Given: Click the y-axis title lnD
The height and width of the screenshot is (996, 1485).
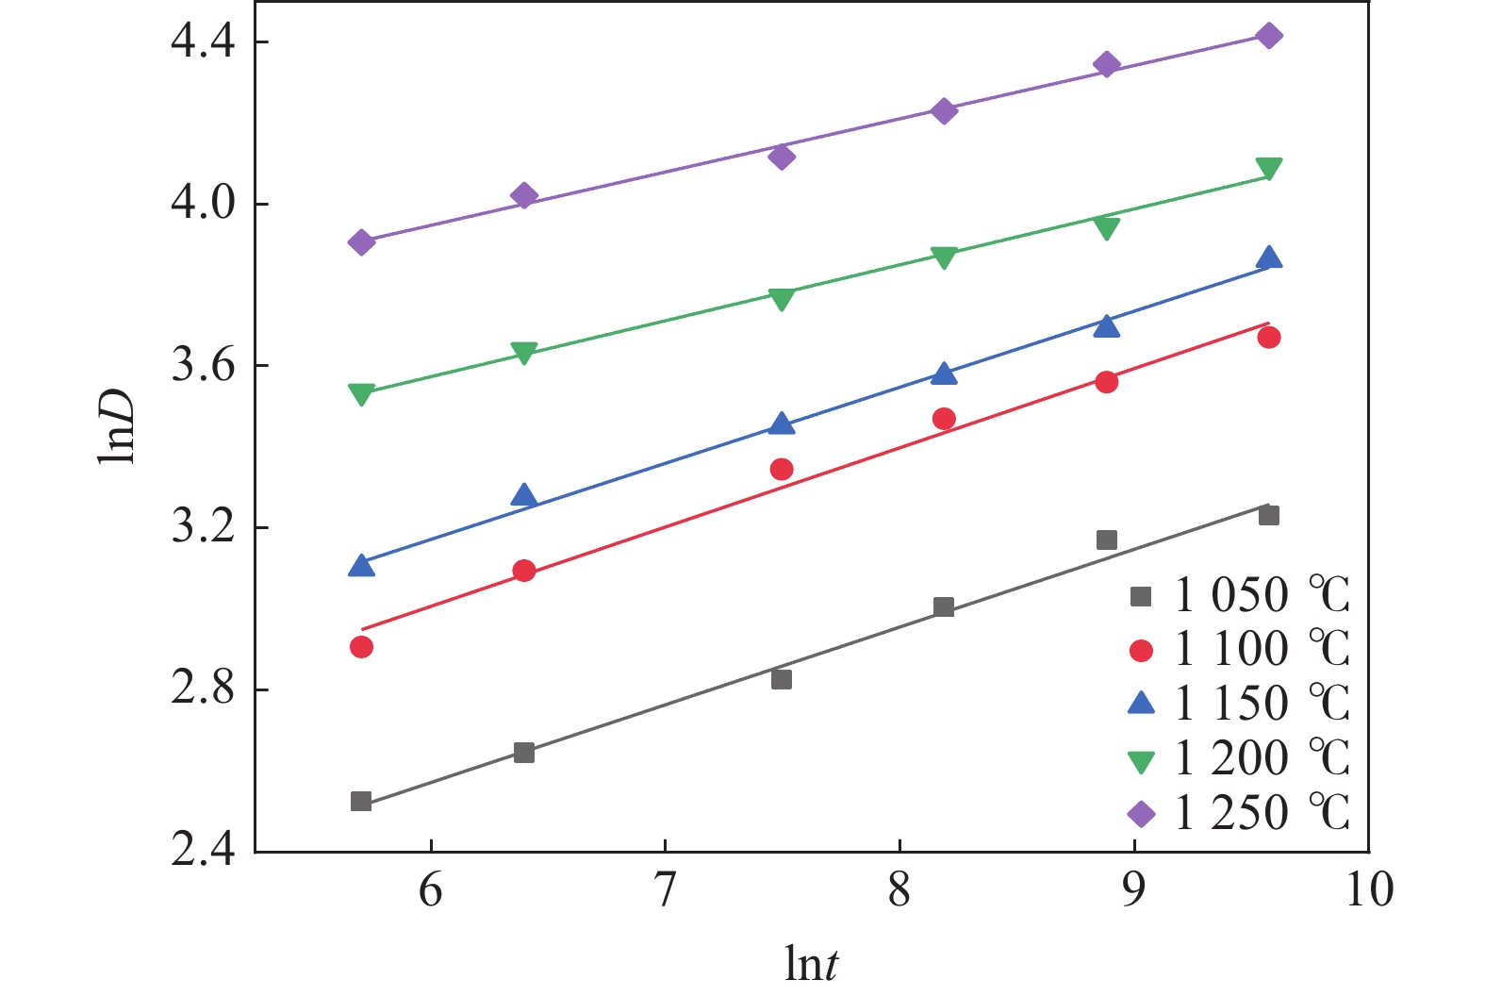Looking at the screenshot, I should (x=117, y=425).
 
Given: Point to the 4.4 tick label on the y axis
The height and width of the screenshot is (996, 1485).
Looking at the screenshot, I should (x=203, y=42).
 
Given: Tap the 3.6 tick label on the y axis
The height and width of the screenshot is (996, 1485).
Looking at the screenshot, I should (x=203, y=366).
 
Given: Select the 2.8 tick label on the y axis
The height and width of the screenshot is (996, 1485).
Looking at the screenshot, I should (x=203, y=689).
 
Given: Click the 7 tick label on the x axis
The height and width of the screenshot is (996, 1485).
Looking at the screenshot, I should (x=666, y=889).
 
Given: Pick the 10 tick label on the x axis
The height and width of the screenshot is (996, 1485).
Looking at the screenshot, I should (x=1368, y=889).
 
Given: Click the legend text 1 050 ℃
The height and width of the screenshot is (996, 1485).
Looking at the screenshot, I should (x=1262, y=595).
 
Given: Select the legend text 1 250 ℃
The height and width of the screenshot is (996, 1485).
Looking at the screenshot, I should (x=1262, y=813).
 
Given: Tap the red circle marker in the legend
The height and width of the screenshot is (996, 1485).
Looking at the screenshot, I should (x=1142, y=651).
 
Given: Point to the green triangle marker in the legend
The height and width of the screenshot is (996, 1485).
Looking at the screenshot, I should (x=1142, y=760).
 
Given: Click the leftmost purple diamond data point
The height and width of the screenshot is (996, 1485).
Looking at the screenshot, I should (x=361, y=242).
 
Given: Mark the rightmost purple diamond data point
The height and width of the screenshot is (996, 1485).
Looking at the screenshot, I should (x=1269, y=36).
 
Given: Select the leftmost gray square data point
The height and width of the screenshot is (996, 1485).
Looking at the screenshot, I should (x=361, y=802).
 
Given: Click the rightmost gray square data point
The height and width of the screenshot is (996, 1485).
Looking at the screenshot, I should (x=1269, y=515).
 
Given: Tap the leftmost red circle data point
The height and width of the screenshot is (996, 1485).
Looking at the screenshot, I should (x=361, y=647).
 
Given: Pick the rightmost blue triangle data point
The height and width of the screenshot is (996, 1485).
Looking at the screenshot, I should (x=1269, y=258).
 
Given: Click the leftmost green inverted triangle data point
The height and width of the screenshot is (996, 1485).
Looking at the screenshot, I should (x=361, y=393).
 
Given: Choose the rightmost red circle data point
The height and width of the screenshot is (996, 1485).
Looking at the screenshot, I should (x=1269, y=338).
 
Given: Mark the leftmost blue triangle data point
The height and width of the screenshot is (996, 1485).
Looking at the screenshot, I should (x=361, y=566).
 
